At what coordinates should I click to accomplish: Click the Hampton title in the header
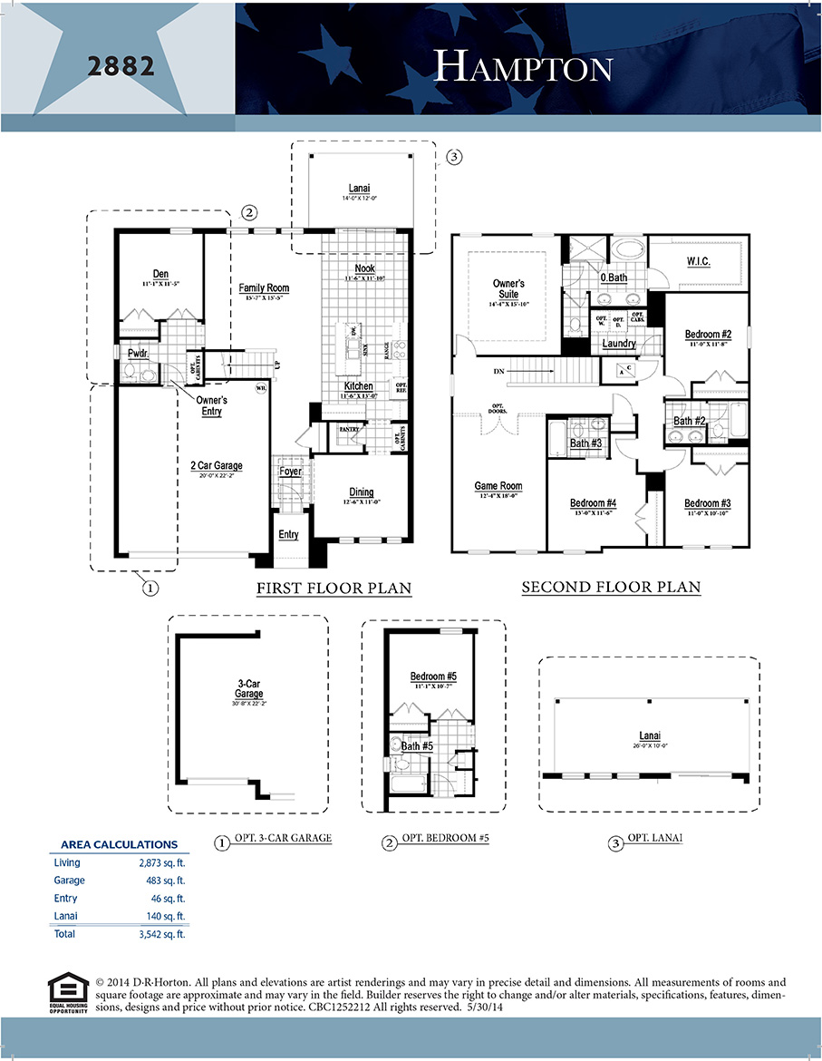(523, 66)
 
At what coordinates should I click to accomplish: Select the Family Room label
(264, 288)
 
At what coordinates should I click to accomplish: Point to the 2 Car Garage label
(216, 466)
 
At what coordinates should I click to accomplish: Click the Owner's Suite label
(508, 289)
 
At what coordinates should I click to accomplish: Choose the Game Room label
(498, 486)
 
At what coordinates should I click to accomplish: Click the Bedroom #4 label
(593, 504)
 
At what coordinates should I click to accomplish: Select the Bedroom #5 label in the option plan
(432, 677)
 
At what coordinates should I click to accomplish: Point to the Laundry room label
(619, 345)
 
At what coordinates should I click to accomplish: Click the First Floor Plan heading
(334, 589)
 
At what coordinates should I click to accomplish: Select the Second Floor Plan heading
(611, 588)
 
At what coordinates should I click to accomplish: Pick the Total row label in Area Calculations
(65, 934)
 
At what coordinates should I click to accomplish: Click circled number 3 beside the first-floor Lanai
(454, 157)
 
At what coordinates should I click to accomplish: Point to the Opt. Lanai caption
(653, 840)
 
